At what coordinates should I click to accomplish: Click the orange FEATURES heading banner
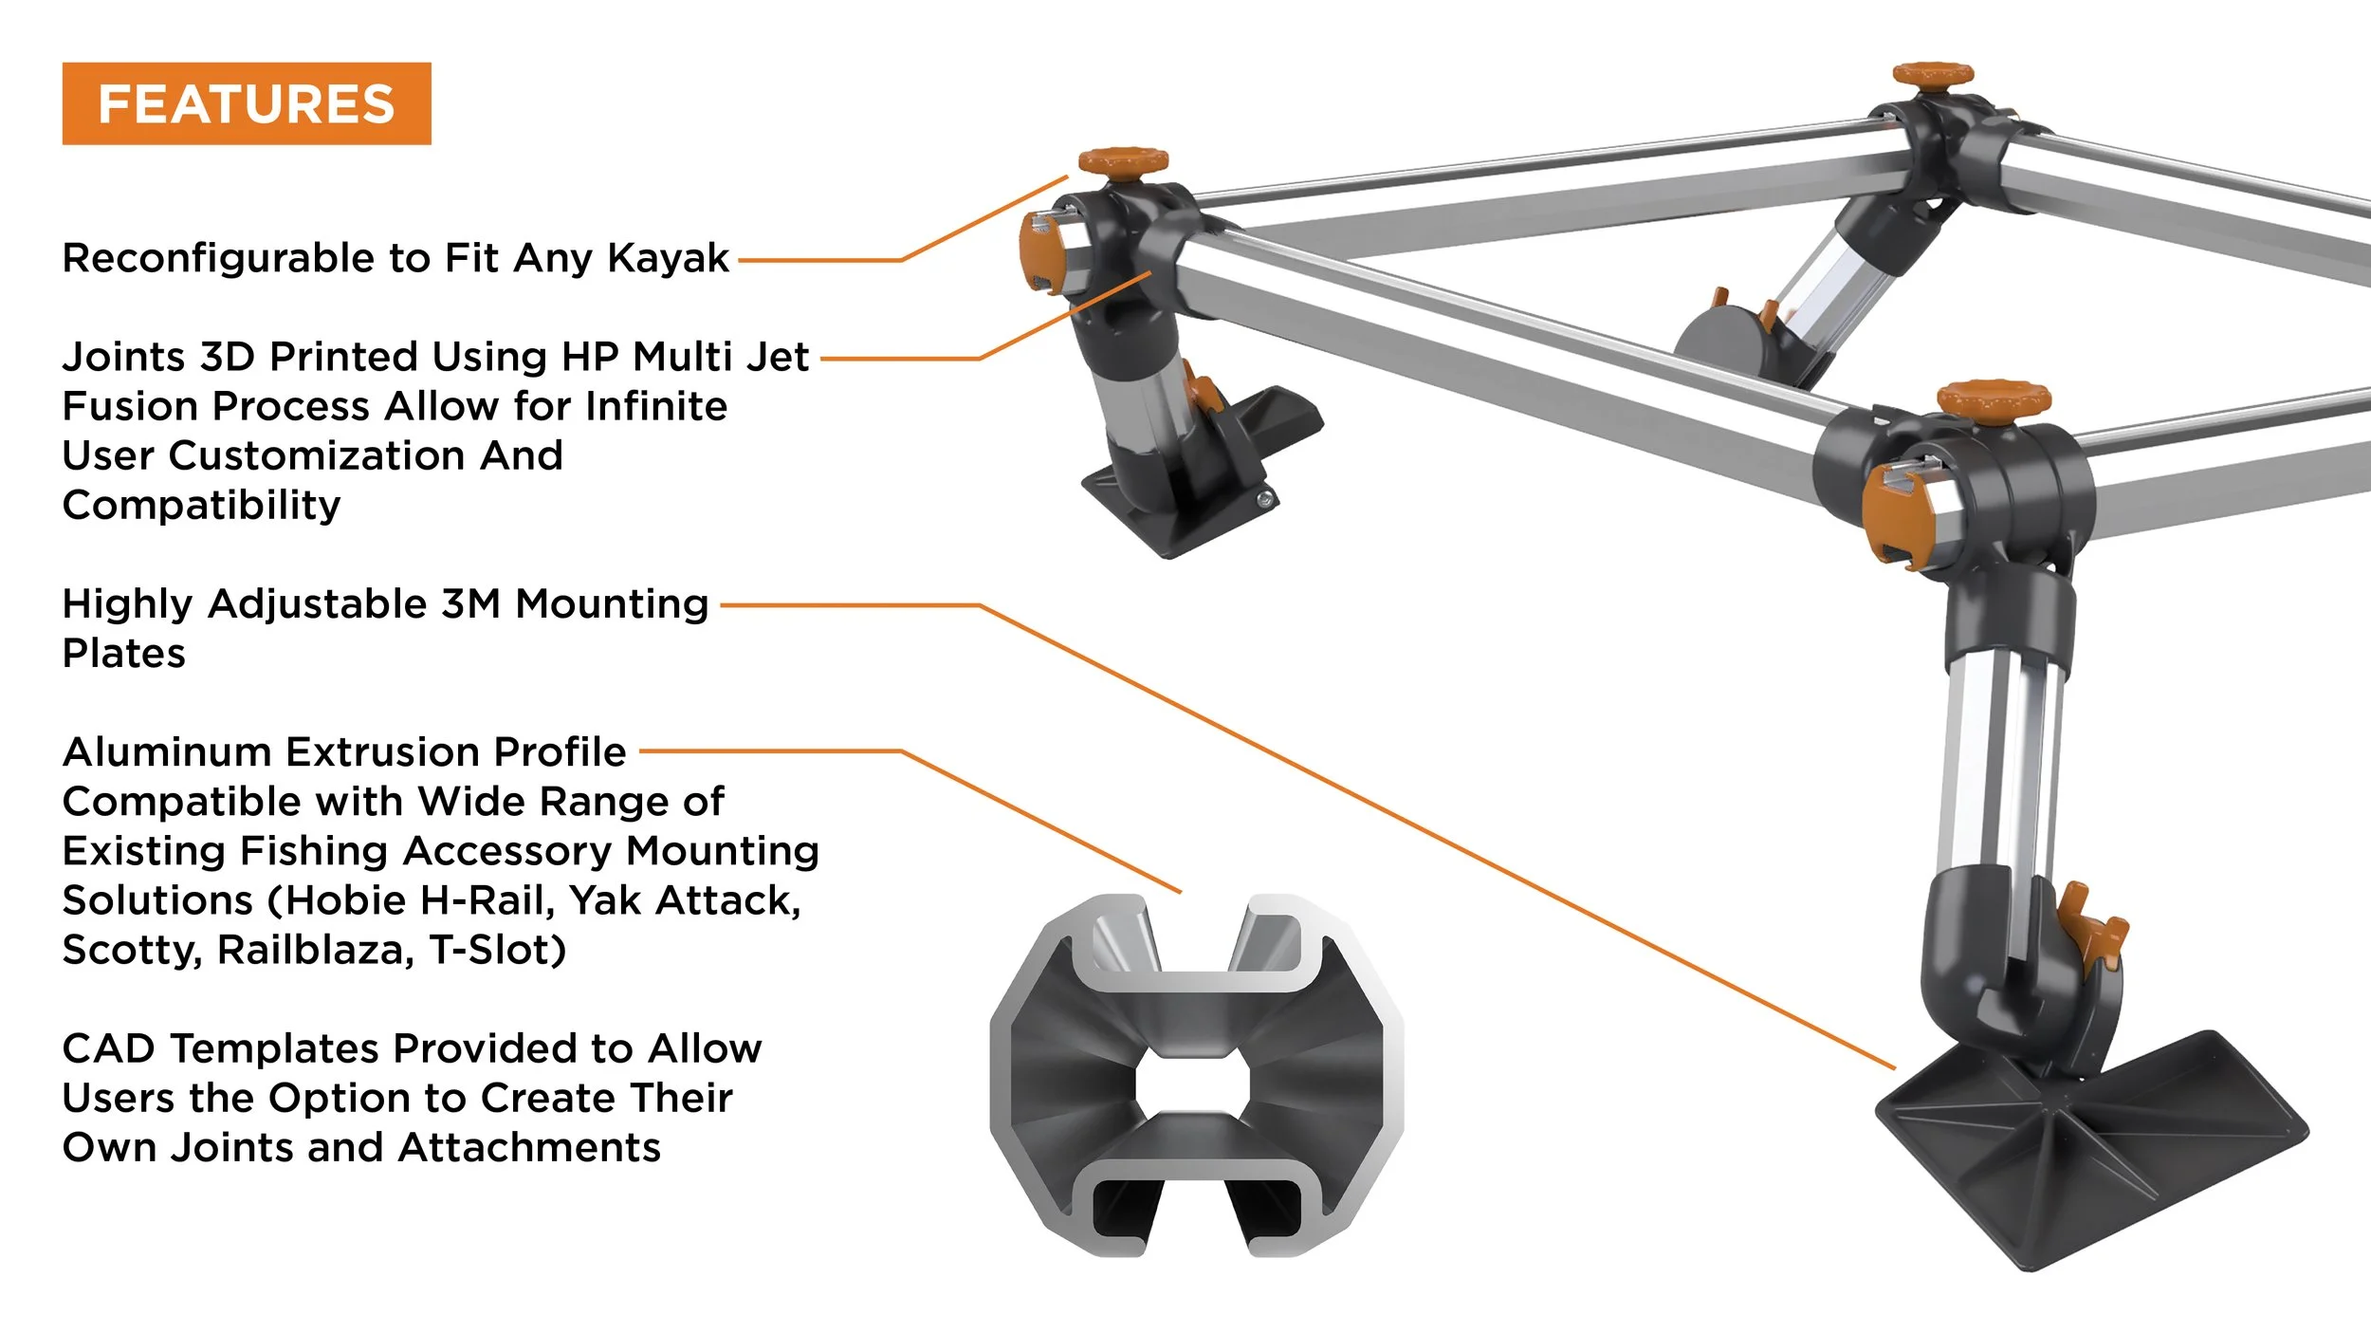(247, 103)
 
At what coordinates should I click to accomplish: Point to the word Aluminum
(167, 751)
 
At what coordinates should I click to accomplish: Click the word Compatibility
(201, 505)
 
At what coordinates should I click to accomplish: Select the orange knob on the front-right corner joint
(1994, 398)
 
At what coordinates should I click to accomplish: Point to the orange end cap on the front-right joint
(1894, 517)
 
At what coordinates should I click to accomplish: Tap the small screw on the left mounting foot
(1263, 499)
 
